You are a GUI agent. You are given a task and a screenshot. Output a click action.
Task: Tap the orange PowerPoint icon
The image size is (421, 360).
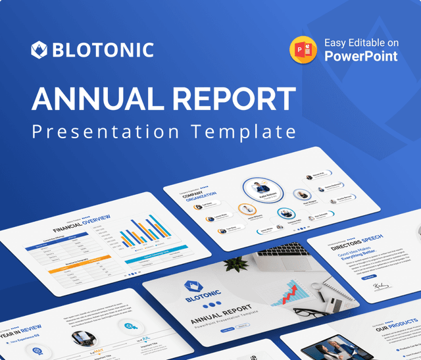tap(304, 50)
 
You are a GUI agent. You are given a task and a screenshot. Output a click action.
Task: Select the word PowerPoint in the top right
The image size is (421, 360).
tap(360, 57)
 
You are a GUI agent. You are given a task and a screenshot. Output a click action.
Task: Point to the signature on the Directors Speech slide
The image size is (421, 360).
tap(381, 286)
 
